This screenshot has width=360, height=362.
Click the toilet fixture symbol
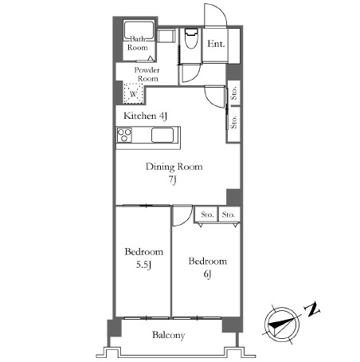pyautogui.click(x=191, y=38)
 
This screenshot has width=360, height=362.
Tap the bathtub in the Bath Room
pyautogui.click(x=139, y=30)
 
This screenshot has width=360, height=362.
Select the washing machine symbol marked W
pyautogui.click(x=134, y=93)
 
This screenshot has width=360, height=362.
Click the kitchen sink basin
pyautogui.click(x=162, y=136)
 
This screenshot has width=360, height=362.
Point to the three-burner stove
pyautogui.click(x=124, y=135)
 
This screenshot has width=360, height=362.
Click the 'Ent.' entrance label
pyautogui.click(x=216, y=44)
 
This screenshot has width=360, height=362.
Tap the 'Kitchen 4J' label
pyautogui.click(x=146, y=116)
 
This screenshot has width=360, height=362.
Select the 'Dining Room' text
pyautogui.click(x=174, y=167)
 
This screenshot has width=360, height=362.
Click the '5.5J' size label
pyautogui.click(x=143, y=265)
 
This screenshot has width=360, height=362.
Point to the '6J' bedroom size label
pyautogui.click(x=208, y=274)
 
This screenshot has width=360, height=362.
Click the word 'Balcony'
pyautogui.click(x=168, y=335)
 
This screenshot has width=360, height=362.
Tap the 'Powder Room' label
pyautogui.click(x=147, y=74)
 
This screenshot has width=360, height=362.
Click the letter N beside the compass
pyautogui.click(x=312, y=309)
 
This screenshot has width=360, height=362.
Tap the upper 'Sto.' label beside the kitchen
pyautogui.click(x=233, y=93)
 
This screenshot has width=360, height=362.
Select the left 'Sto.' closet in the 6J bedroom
pyautogui.click(x=207, y=214)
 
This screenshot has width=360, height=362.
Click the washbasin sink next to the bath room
pyautogui.click(x=166, y=35)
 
